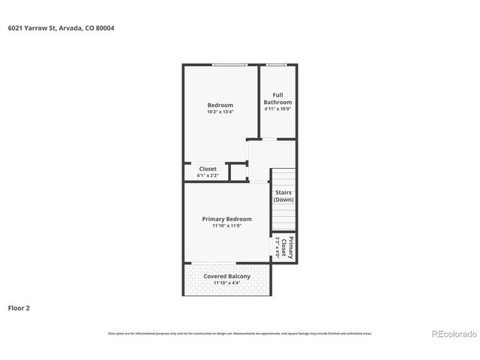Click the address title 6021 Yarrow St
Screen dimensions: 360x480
click(x=61, y=28)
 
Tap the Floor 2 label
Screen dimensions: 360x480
click(x=19, y=307)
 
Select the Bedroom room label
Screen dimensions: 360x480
click(x=220, y=105)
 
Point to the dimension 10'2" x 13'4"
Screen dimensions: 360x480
click(x=220, y=112)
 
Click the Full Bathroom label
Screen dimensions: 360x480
click(x=277, y=98)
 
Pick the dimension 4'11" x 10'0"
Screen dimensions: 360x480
click(x=277, y=109)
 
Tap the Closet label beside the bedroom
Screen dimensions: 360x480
click(x=208, y=169)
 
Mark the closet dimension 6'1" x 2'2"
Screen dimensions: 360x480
click(x=208, y=175)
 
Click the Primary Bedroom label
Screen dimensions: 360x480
click(x=226, y=219)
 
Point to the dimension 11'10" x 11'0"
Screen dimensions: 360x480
click(x=226, y=226)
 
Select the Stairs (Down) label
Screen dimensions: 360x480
click(x=283, y=196)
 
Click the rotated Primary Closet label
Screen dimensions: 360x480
click(x=287, y=247)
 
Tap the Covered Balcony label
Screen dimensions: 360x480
click(x=226, y=276)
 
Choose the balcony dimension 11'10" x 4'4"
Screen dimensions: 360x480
click(x=226, y=283)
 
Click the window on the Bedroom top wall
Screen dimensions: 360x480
click(x=229, y=65)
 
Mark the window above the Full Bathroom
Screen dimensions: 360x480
click(x=277, y=65)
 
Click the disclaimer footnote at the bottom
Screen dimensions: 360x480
click(x=240, y=333)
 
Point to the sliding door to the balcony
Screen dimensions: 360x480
click(x=214, y=262)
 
